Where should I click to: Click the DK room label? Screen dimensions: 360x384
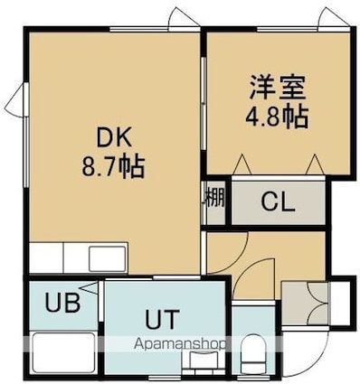114,137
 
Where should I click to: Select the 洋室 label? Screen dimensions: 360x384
277,88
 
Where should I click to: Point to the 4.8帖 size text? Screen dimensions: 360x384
277,116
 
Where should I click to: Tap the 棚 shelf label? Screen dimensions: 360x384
214,198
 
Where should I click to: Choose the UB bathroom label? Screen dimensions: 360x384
62,303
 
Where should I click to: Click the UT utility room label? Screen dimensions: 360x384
162,319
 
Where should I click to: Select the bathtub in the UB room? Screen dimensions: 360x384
63,352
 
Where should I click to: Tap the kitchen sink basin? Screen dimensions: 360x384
108,258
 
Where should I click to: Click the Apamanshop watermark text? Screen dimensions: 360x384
180,344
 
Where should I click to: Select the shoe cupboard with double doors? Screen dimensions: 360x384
306,303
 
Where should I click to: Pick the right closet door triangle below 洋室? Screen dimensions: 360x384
315,164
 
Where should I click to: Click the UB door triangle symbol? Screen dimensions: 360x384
90,288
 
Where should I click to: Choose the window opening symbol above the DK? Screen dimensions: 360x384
184,17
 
